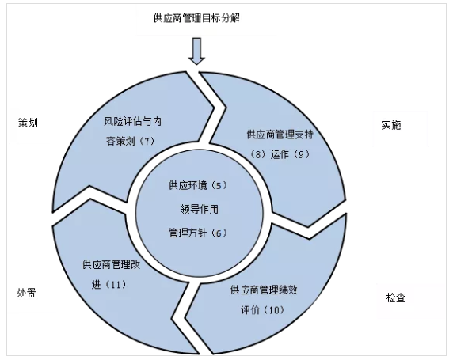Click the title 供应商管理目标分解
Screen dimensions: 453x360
coord(196,18)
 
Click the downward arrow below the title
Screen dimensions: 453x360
coord(196,51)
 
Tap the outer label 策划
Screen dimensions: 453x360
coord(28,123)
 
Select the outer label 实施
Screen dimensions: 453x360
coord(391,125)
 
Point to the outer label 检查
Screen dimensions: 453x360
coord(396,297)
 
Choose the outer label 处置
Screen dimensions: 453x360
coord(26,293)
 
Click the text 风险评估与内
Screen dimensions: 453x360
coord(132,121)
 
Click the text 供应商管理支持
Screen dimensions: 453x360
coord(280,135)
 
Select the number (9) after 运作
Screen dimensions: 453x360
coord(301,154)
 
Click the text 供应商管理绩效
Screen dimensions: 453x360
coord(264,290)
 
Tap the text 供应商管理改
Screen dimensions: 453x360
coord(111,264)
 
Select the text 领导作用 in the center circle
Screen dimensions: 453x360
coord(200,209)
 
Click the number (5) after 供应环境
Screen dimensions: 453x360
coord(219,185)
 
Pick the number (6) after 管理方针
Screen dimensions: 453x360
coord(219,233)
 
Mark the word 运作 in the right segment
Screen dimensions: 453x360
coord(280,154)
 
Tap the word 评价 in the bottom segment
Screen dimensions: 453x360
coord(250,310)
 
